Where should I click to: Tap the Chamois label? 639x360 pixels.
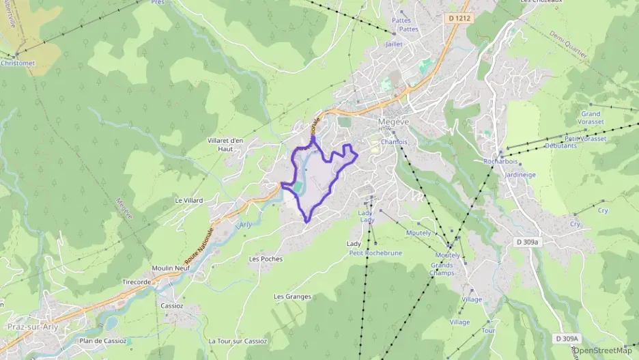coord(394,142)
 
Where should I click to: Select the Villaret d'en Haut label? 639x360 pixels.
coord(225,144)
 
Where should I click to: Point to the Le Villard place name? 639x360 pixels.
coord(189,201)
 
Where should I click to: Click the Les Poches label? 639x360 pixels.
coord(266,259)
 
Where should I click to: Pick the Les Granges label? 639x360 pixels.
coord(292,296)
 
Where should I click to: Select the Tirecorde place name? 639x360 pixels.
coord(137,282)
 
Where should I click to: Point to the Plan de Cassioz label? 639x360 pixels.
coord(103,341)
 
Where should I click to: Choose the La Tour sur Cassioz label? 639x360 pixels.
coord(238,341)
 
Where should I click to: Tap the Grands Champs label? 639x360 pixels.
coord(442,269)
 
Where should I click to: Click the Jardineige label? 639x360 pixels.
coord(522,174)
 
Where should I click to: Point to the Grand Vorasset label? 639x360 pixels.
coord(591,118)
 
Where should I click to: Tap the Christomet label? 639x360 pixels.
coord(18,63)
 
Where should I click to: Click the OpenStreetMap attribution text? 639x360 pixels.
coord(603,351)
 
